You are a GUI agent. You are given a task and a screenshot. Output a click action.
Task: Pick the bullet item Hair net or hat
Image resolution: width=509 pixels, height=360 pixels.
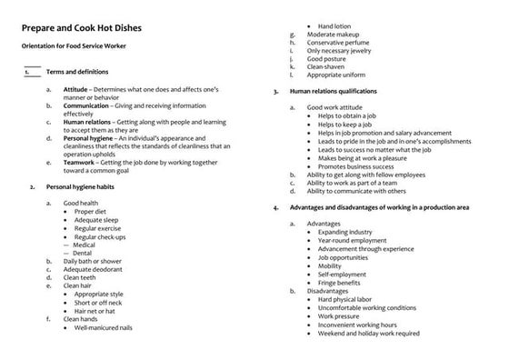[101, 311]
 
